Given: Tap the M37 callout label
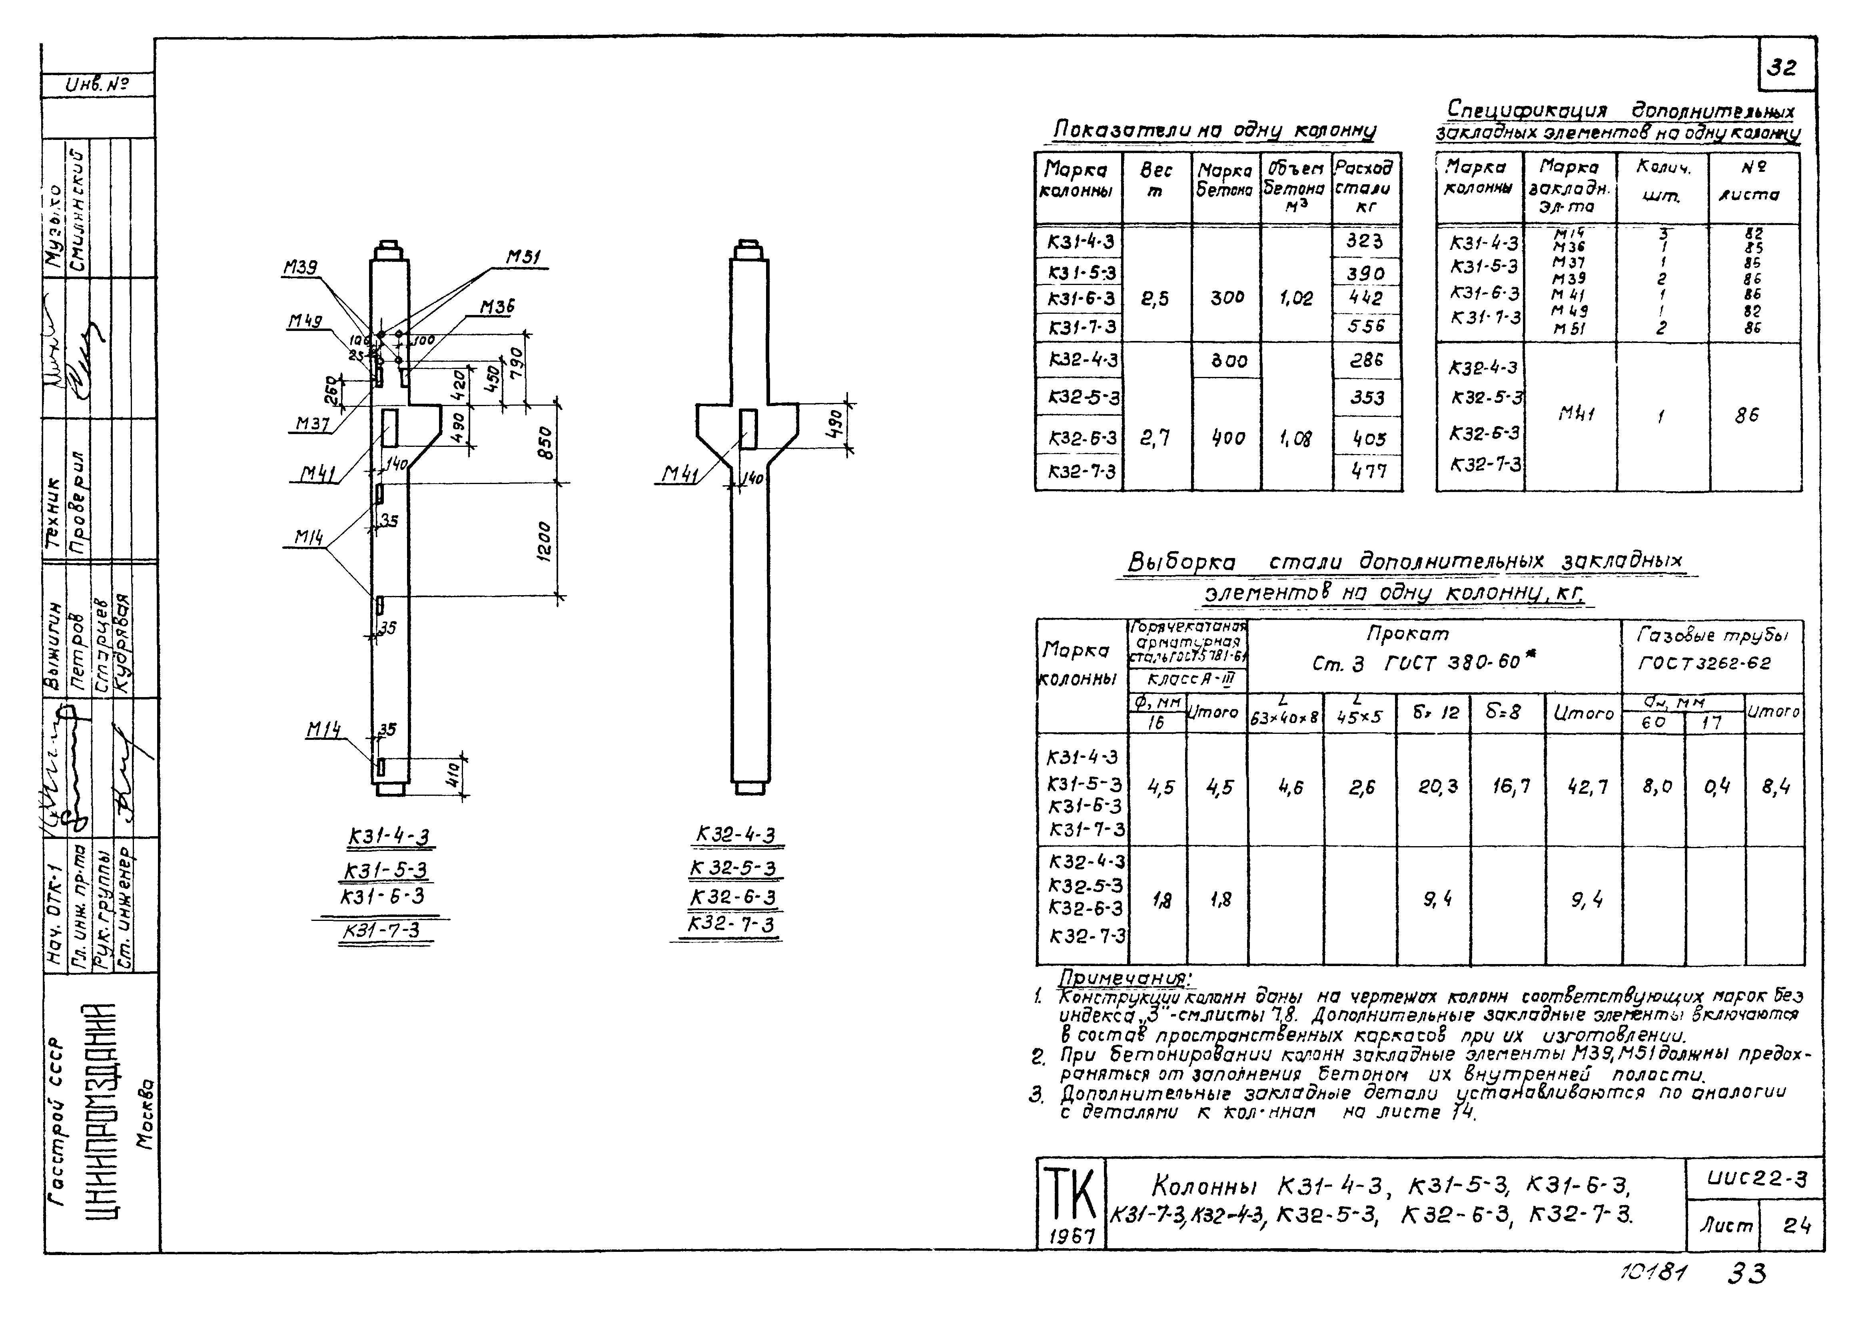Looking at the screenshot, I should click(314, 424).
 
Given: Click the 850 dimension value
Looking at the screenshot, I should click(546, 442).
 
